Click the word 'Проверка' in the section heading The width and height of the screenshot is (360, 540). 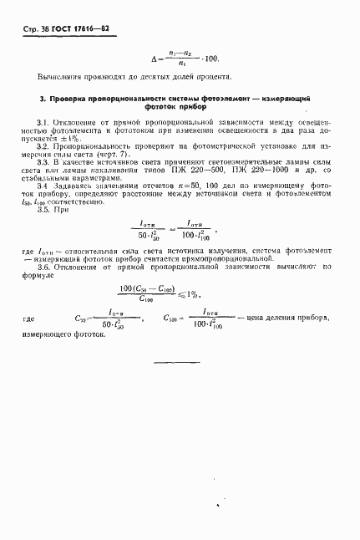[x=68, y=99]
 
